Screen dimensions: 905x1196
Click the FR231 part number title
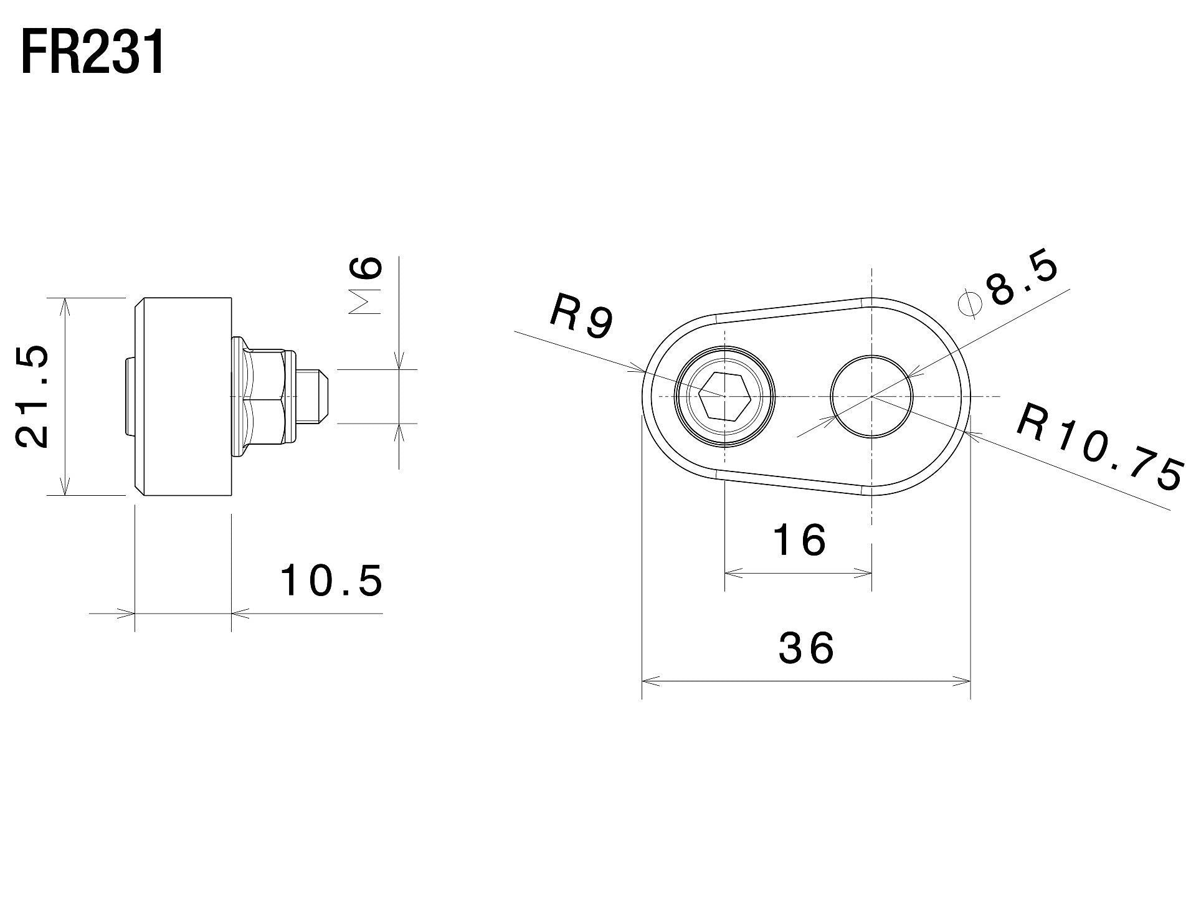tap(93, 54)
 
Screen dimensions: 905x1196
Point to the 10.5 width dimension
tap(331, 580)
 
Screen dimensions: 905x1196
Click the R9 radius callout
tap(582, 318)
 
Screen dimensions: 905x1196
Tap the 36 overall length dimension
tap(806, 648)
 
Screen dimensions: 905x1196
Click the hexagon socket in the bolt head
tap(724, 396)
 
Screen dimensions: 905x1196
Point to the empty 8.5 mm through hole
tap(871, 396)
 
